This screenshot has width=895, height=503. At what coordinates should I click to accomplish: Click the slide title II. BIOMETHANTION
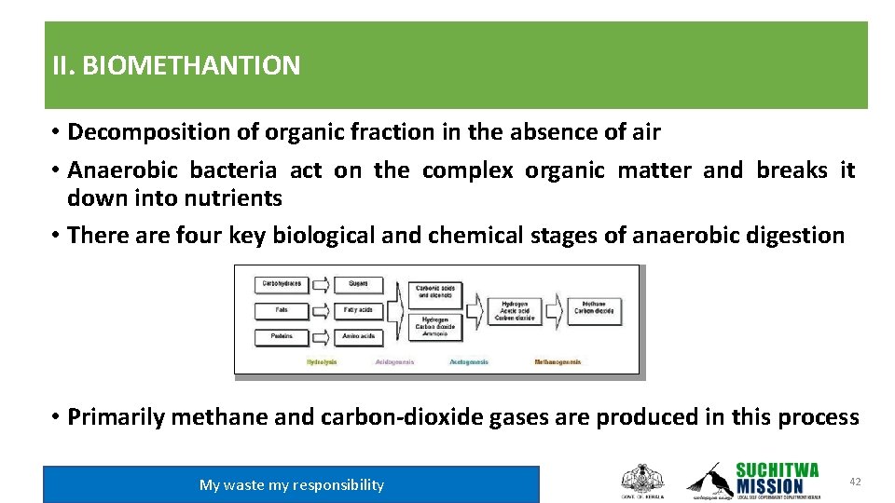[x=176, y=66]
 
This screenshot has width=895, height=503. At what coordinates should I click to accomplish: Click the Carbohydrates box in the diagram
[x=282, y=283]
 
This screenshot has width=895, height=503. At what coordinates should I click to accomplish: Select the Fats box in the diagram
[x=282, y=309]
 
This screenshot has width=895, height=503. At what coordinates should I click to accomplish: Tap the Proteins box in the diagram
[x=282, y=335]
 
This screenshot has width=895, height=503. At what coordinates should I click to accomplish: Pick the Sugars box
[x=358, y=283]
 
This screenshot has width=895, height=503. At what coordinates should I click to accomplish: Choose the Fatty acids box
[x=358, y=309]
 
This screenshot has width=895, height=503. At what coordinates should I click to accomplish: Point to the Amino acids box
[x=358, y=335]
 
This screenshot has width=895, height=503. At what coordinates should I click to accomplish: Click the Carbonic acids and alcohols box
[x=435, y=292]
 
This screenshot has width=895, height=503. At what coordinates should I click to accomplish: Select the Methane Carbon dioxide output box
[x=594, y=307]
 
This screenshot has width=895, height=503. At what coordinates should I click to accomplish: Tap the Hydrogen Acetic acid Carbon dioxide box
[x=515, y=310]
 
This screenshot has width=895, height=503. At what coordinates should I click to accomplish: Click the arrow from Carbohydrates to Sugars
[x=321, y=283]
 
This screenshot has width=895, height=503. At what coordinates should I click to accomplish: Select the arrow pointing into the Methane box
[x=555, y=309]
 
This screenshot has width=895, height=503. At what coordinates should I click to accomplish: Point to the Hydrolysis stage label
[x=322, y=361]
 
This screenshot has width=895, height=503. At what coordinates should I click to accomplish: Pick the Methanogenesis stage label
[x=558, y=361]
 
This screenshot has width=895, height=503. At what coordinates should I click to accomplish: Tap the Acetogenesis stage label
[x=469, y=361]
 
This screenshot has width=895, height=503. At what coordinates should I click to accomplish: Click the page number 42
[x=855, y=481]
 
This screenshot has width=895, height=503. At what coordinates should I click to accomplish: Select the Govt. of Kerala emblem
[x=642, y=480]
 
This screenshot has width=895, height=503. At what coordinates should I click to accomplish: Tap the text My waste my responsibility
[x=291, y=484]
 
